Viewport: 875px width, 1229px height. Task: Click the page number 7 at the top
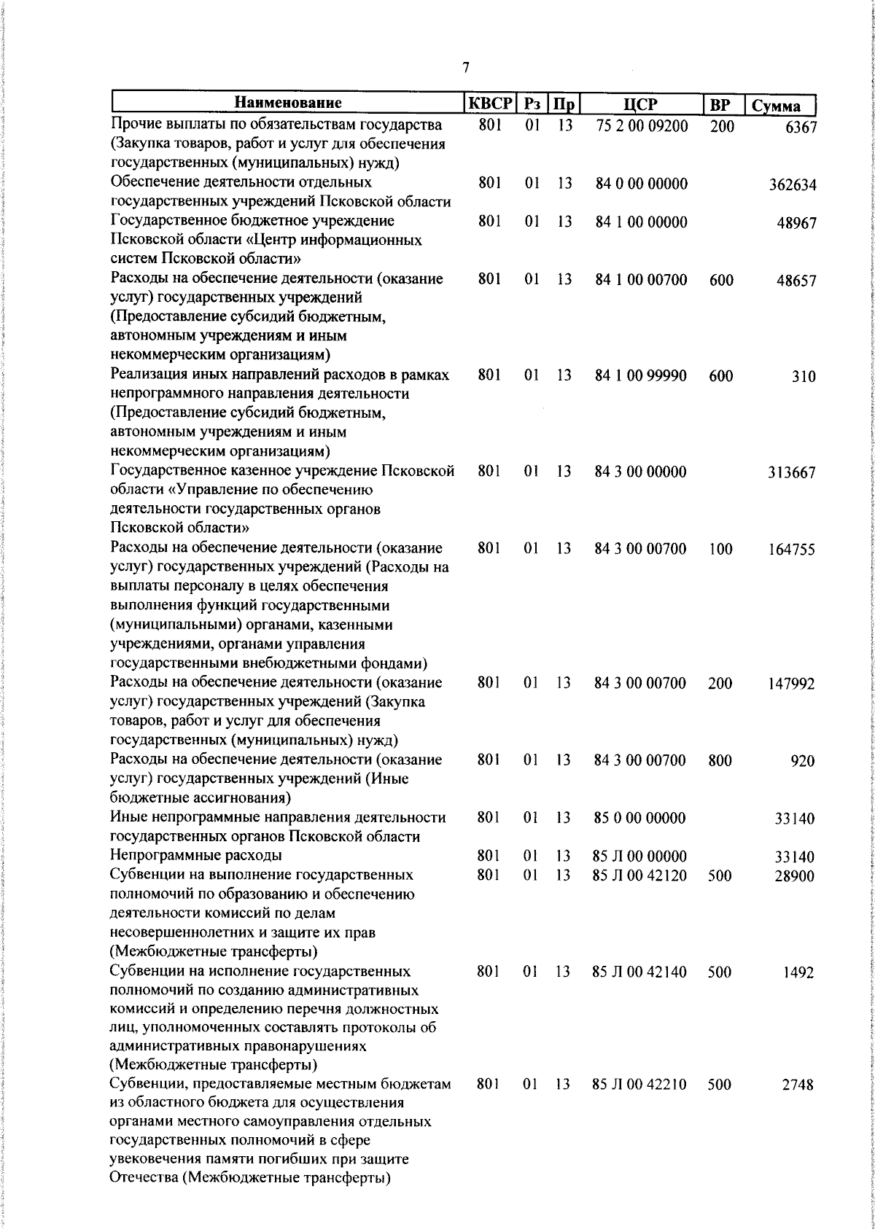click(x=465, y=68)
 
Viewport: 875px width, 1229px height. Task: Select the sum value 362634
click(x=793, y=185)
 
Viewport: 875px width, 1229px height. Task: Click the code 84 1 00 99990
click(x=641, y=375)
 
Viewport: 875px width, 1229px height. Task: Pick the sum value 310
click(x=804, y=377)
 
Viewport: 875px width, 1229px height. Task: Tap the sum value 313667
click(x=792, y=473)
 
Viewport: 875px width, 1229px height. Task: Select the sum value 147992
click(x=792, y=684)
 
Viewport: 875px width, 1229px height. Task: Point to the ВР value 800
click(x=720, y=760)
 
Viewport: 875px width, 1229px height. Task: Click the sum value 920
click(x=803, y=762)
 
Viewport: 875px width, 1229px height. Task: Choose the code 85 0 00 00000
click(x=640, y=818)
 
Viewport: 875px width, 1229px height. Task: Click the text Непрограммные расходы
click(x=196, y=855)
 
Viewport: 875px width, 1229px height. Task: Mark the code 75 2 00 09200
click(x=642, y=125)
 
